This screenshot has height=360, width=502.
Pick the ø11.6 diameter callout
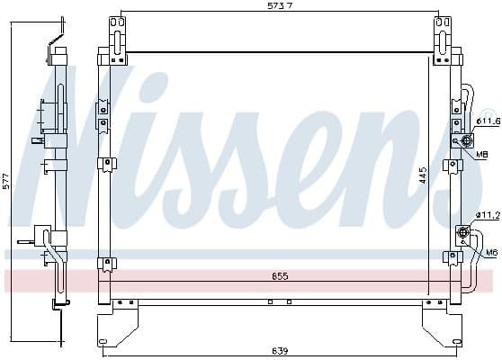tap(487, 121)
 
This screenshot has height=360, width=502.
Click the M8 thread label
tap(483, 154)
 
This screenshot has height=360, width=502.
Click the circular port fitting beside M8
tap(466, 139)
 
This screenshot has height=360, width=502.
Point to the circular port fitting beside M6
tap(463, 234)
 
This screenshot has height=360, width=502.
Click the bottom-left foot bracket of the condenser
tap(118, 324)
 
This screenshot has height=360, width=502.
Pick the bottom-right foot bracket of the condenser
tap(441, 324)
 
